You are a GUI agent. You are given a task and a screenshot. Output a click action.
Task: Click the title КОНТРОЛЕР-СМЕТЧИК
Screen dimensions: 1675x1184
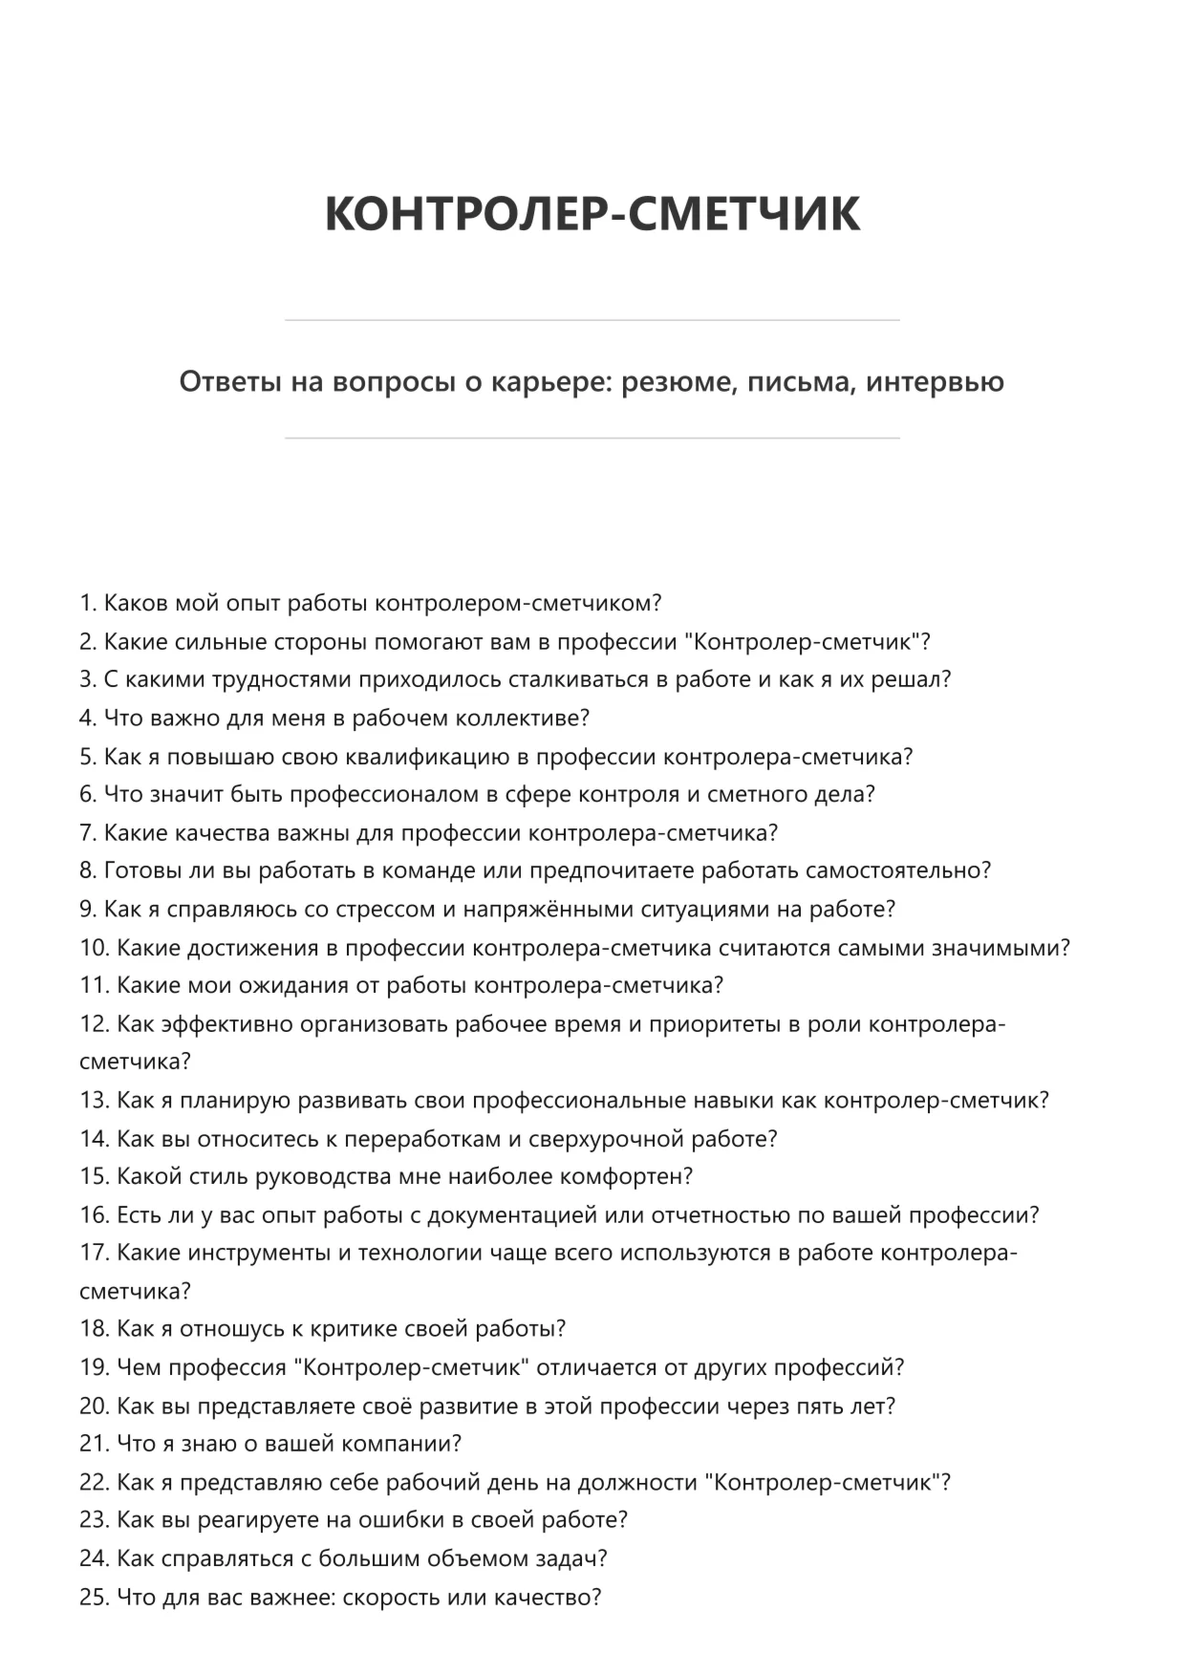(x=592, y=213)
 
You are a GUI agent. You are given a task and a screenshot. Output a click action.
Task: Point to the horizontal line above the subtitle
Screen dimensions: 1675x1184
(x=592, y=320)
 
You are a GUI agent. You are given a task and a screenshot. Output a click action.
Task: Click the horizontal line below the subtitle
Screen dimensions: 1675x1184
(x=592, y=439)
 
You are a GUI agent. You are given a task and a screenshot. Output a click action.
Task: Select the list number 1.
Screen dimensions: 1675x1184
(x=87, y=604)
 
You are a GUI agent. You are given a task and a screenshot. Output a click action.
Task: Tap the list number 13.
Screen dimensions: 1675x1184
(x=94, y=1101)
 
